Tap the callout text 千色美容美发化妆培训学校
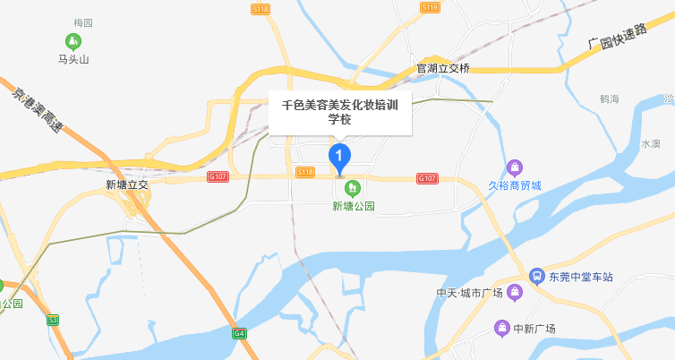[340, 111]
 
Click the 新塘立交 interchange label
[125, 185]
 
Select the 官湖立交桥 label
[443, 68]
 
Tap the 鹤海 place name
[611, 99]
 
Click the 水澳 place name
[650, 143]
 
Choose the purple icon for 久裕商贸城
[515, 167]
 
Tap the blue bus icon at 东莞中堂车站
[536, 277]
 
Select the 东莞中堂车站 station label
[583, 278]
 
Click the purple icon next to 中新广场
[503, 328]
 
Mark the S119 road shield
[430, 7]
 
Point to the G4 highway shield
[239, 333]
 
